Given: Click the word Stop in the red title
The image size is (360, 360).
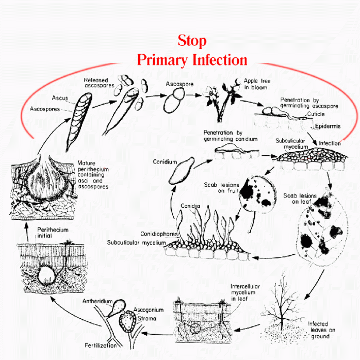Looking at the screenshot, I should tap(192, 40).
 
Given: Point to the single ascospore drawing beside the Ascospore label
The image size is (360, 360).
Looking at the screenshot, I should tap(175, 101).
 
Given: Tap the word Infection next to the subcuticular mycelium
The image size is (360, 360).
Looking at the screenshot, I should tap(330, 143).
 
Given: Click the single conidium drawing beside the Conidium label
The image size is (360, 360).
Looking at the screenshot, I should tap(180, 171).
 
